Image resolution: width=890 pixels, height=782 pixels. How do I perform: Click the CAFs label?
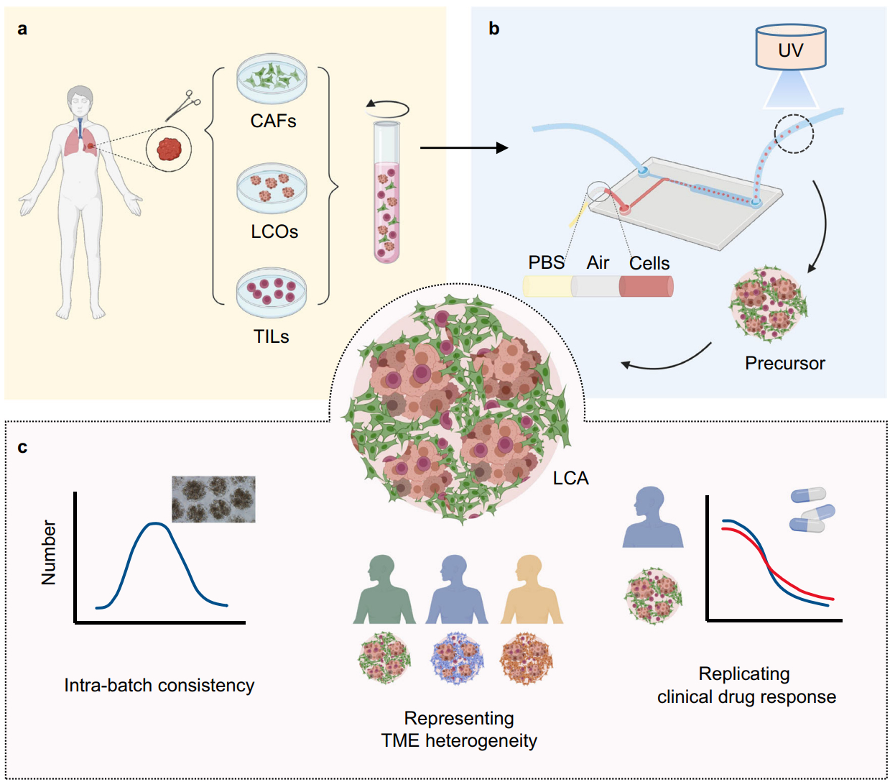click(x=273, y=121)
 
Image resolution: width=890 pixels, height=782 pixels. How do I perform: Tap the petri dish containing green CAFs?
click(x=272, y=78)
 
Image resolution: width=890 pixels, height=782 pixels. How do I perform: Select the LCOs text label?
click(x=274, y=231)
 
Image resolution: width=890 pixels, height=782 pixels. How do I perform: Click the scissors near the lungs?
click(x=184, y=105)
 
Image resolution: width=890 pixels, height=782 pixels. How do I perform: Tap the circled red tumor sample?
click(x=169, y=149)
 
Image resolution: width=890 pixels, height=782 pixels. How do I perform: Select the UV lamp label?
click(x=790, y=50)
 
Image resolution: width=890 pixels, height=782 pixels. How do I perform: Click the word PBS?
click(x=547, y=262)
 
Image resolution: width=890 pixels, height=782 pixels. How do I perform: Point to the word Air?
click(x=598, y=262)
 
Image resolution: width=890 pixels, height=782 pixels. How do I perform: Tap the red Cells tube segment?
click(x=646, y=287)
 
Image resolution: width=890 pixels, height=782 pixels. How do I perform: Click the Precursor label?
click(x=784, y=363)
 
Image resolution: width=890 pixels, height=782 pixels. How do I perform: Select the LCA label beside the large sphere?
click(x=570, y=478)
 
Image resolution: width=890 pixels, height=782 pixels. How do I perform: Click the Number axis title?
click(x=48, y=552)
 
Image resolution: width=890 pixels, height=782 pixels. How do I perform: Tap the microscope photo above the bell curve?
click(x=213, y=499)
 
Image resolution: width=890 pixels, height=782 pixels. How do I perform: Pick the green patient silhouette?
click(x=384, y=590)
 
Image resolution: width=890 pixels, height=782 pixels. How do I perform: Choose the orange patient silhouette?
click(x=532, y=590)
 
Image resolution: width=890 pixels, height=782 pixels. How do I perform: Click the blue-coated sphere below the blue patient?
click(x=458, y=658)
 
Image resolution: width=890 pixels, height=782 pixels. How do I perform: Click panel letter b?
click(x=494, y=29)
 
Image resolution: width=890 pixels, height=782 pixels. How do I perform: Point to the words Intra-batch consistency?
click(x=159, y=685)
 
